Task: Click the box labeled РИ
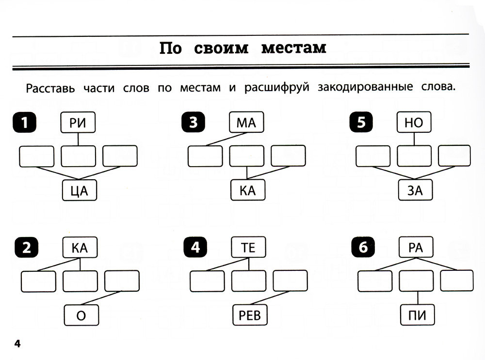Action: point(78,123)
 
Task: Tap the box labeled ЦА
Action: point(80,190)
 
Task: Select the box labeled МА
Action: point(246,123)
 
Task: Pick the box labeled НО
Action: point(414,123)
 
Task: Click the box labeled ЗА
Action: point(415,190)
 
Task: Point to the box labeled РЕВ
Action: point(250,316)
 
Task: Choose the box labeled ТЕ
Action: point(248,249)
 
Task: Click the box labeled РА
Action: point(416,249)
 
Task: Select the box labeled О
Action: point(81,316)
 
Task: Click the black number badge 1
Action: point(24,123)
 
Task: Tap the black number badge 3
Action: point(193,123)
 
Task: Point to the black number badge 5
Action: point(360,123)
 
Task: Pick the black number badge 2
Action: point(27,249)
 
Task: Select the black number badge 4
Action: point(195,249)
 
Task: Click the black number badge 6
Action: point(363,249)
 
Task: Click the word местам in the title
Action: point(293,48)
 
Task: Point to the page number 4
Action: point(17,344)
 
